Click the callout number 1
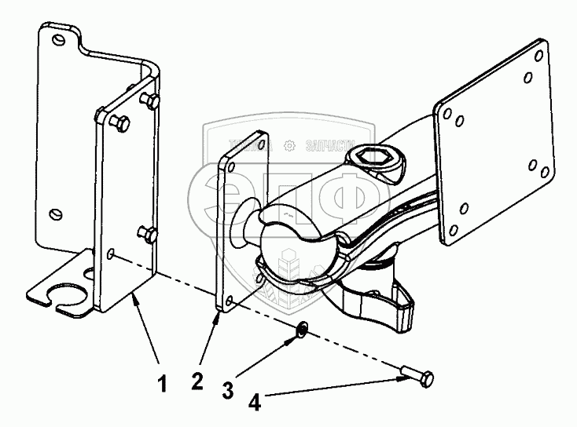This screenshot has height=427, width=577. pyautogui.click(x=162, y=385)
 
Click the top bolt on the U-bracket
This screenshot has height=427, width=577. pyautogui.click(x=149, y=101)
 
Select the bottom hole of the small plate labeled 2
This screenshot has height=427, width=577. pyautogui.click(x=227, y=301)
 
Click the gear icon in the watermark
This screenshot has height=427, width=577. pyautogui.click(x=290, y=145)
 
